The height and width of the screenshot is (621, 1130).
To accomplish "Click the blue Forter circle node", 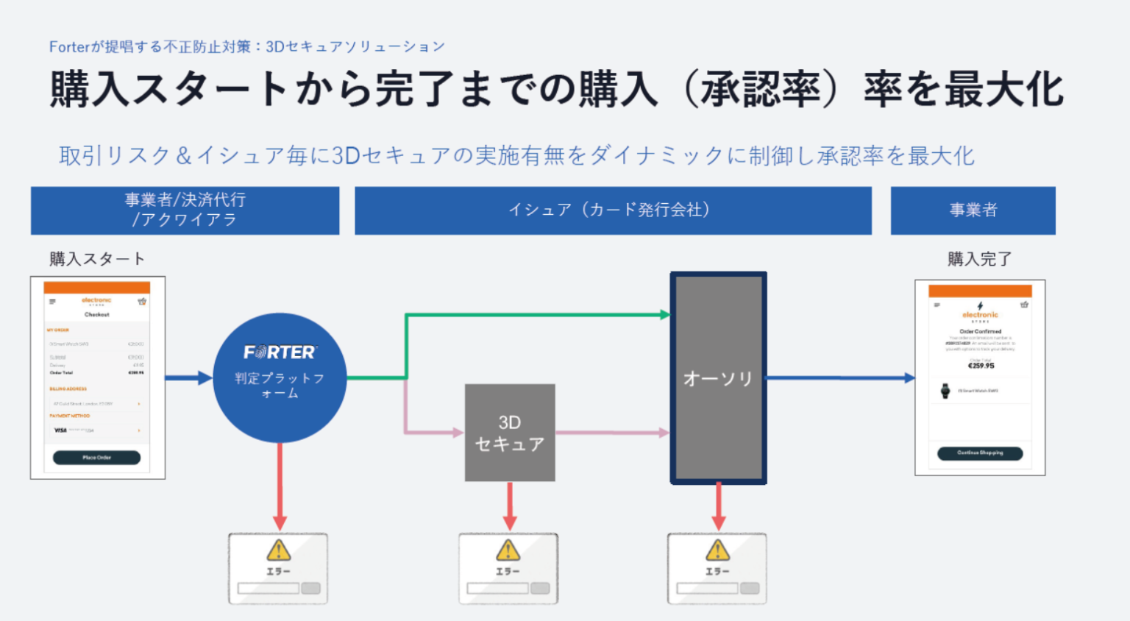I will [x=280, y=377].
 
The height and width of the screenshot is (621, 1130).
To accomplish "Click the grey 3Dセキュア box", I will [x=510, y=433].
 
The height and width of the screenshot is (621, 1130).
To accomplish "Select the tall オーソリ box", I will [x=718, y=378].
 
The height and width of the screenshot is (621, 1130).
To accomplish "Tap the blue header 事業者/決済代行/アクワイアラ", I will [x=185, y=210].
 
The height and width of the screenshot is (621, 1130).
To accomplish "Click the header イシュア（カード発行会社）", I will [x=613, y=210].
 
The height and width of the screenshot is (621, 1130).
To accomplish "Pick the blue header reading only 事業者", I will [x=973, y=210].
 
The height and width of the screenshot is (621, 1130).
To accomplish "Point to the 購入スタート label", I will [x=97, y=259].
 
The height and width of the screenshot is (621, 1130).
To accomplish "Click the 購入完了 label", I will [x=979, y=259].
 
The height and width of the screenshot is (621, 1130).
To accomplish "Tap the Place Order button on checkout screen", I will [x=96, y=458].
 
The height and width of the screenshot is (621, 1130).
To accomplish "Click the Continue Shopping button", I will [x=979, y=453].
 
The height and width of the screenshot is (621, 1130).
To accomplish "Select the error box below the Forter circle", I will [x=278, y=569].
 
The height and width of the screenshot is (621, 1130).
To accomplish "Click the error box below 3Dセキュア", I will [x=508, y=569].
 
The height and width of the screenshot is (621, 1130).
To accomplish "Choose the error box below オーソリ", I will [x=717, y=569].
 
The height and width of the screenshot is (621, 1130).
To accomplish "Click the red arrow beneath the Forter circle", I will [x=280, y=486].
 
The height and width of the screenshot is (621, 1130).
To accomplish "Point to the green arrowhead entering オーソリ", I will [x=664, y=315].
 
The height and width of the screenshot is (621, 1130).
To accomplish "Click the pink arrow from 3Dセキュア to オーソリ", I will [x=611, y=433].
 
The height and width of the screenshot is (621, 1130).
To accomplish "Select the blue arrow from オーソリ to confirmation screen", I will [x=839, y=378].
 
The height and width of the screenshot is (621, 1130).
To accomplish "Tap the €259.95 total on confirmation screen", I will [x=981, y=366].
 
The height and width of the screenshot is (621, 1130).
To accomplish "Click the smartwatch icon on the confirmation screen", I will [x=945, y=391].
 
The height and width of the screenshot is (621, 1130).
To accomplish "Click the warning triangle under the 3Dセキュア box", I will [x=508, y=550].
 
